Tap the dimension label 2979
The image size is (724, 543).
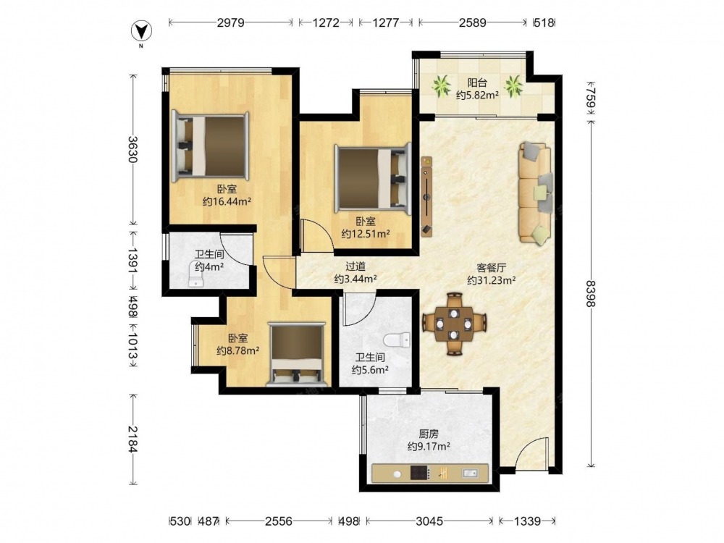tap(230, 22)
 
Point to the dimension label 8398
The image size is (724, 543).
tap(591, 293)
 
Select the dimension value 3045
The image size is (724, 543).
tap(429, 521)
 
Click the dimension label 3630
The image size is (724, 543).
tap(133, 149)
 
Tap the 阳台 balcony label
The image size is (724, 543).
tap(477, 83)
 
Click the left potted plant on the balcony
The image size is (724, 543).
tap(441, 86)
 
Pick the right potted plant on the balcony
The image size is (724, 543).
tap(513, 86)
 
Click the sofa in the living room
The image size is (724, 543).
tap(535, 192)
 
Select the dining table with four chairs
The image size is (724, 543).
tap(455, 324)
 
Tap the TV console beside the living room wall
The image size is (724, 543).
tap(427, 197)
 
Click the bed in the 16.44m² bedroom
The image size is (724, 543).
tap(210, 146)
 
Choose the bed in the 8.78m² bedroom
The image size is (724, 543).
tap(298, 355)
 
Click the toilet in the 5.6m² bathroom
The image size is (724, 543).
tap(397, 340)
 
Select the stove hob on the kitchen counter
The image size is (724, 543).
tap(420, 473)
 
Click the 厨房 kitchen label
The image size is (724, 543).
tap(429, 434)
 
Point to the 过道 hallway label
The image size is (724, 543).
tap(355, 266)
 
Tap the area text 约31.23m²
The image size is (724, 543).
tap(492, 279)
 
